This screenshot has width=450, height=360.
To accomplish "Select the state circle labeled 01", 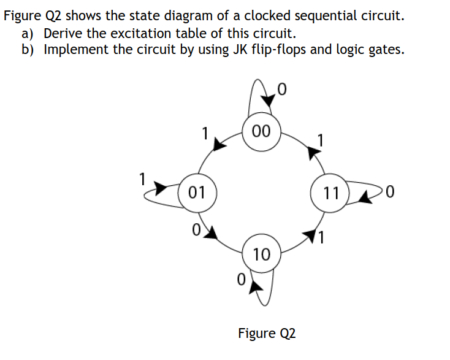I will point(196,193).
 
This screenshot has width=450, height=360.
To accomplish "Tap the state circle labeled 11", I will point(330,193).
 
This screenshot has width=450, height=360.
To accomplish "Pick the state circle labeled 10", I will point(261,254).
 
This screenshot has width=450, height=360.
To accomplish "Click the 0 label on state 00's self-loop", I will point(281,90).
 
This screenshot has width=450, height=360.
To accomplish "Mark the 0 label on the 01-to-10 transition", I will point(195,230).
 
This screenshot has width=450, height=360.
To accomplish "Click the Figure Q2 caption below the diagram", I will point(266,333).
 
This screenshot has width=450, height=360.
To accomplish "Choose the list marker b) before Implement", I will point(29,49).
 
